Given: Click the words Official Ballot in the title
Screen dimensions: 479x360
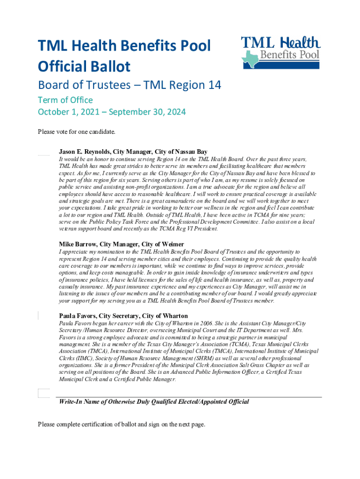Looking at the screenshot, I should click(84, 67).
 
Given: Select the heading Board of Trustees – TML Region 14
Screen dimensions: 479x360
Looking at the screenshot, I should click(130, 85).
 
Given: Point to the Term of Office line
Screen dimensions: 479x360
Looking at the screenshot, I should click(65, 100).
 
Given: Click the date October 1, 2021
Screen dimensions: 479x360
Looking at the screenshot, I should click(71, 112).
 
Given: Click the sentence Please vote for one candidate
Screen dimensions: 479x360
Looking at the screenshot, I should click(76, 131).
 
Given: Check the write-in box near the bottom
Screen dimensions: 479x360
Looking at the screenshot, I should click(43, 393).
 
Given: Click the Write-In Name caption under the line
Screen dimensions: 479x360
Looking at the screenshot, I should click(153, 402).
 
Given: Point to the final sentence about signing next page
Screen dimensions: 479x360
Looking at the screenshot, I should click(121, 424).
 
